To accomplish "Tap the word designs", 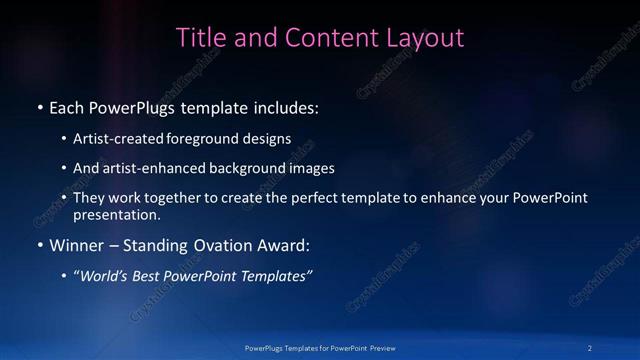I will click(269, 139).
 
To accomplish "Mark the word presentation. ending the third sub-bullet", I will click(116, 215).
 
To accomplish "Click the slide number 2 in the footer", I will click(590, 347).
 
